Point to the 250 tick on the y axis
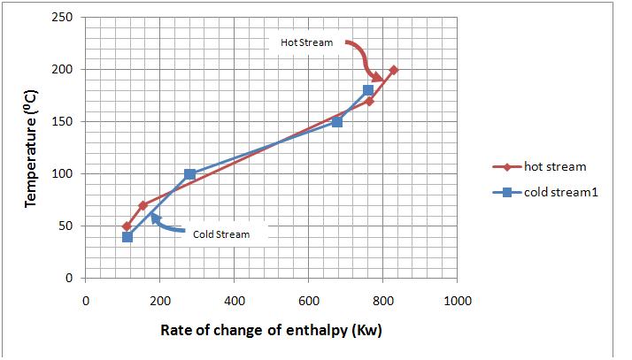coord(63,18)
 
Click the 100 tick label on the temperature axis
coord(63,174)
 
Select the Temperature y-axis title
coord(32,149)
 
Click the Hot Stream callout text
coord(307,42)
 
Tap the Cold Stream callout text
coord(221,234)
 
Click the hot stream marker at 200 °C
coord(393,70)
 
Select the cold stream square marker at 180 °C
coord(368,90)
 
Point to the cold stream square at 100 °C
coord(189,174)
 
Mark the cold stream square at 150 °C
coord(337,121)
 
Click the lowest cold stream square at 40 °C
coord(127,237)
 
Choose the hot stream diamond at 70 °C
coord(143,205)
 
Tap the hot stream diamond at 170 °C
coord(369,101)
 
